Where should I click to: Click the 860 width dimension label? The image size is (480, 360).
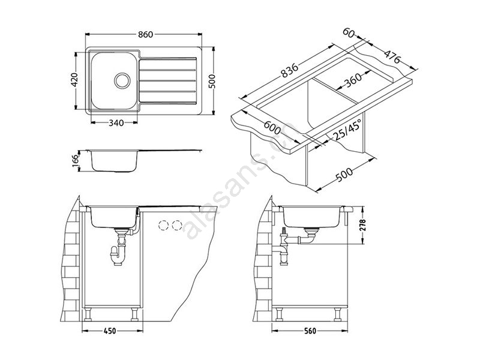pyautogui.click(x=145, y=34)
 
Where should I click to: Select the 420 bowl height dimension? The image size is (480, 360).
pyautogui.click(x=75, y=80)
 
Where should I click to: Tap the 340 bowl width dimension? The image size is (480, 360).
pyautogui.click(x=116, y=123)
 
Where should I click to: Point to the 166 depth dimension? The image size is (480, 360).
pyautogui.click(x=76, y=161)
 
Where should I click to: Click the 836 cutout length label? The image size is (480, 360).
pyautogui.click(x=289, y=70)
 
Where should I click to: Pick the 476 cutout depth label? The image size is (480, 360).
pyautogui.click(x=392, y=56)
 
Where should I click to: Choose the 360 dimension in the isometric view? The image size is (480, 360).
pyautogui.click(x=353, y=80)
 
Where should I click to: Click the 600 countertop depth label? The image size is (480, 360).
pyautogui.click(x=272, y=128)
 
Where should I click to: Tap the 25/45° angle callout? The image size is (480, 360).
pyautogui.click(x=347, y=130)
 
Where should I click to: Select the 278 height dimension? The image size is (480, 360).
pyautogui.click(x=363, y=226)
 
